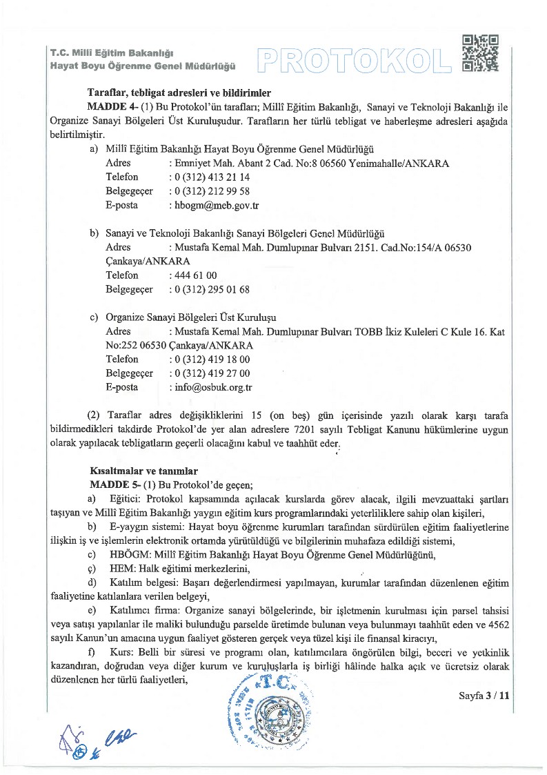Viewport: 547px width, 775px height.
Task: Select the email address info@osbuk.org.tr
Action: tap(213, 387)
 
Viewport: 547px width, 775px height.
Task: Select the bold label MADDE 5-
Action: tap(112, 484)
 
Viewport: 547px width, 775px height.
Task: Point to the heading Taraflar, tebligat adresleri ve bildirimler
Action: tap(179, 92)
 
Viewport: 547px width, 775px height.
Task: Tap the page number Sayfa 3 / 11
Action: tap(484, 696)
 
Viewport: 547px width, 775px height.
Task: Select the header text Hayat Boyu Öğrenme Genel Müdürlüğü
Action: tap(143, 66)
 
